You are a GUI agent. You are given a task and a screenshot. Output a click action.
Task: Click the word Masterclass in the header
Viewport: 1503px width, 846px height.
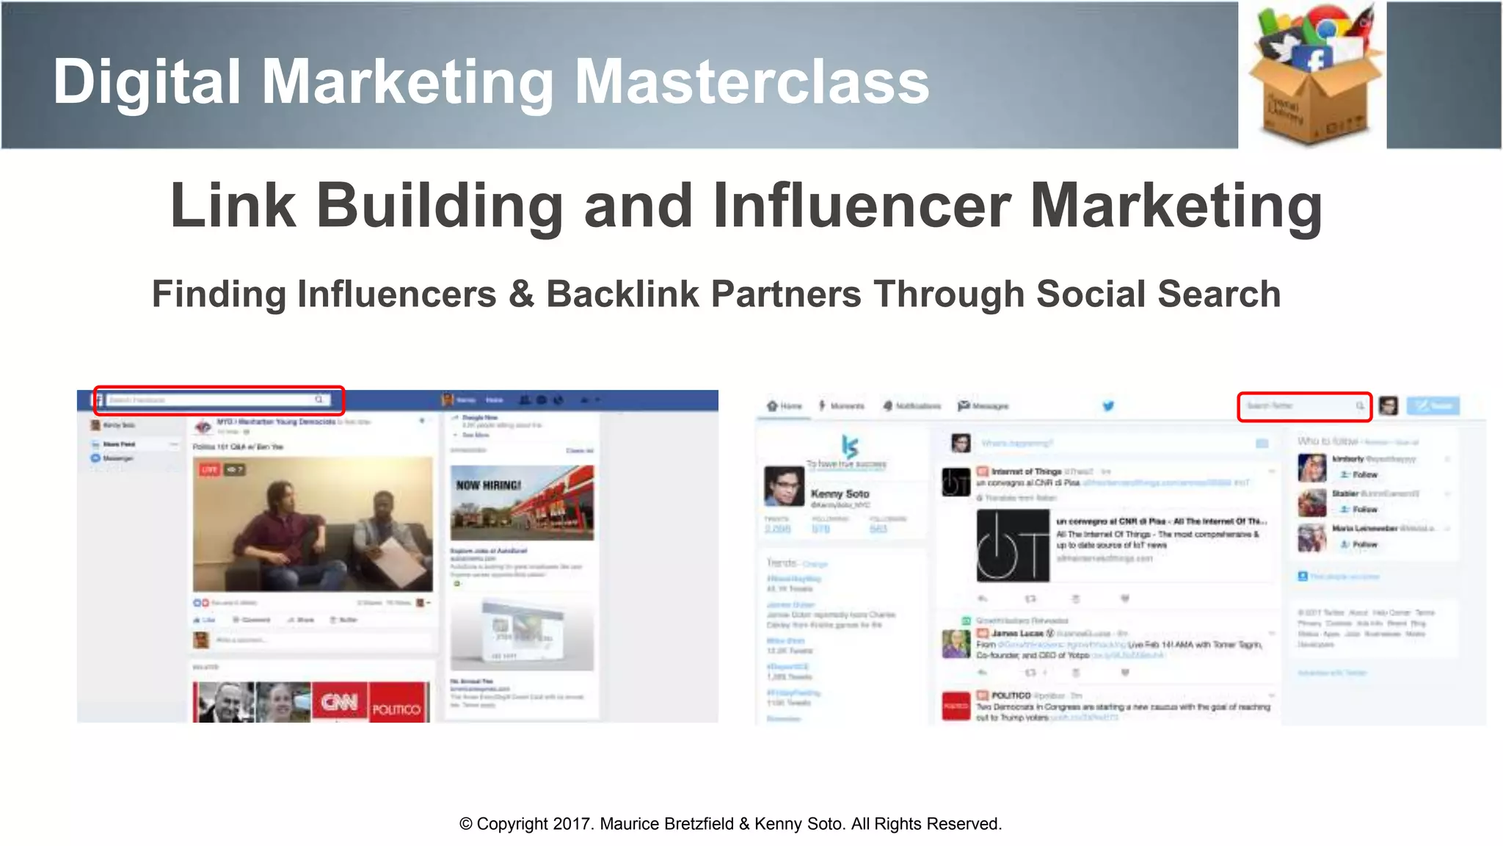coord(751,82)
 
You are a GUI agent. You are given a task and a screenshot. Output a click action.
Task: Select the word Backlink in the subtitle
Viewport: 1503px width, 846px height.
coord(622,294)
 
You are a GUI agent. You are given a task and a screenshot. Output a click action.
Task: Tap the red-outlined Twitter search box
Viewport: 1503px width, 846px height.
coord(1304,406)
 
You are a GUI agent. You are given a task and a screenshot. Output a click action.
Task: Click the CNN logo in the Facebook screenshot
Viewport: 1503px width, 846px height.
coord(339,703)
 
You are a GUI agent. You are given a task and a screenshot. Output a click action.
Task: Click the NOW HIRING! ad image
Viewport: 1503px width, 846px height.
coord(522,502)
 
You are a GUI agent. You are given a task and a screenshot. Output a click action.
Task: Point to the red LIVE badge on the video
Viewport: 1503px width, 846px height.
coord(210,469)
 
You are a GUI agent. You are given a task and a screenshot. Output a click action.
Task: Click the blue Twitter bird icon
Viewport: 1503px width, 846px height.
coord(1108,405)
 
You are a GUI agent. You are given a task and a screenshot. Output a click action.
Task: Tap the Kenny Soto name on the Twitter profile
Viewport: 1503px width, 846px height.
coord(840,493)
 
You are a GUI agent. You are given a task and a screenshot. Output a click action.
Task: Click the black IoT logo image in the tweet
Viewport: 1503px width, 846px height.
coord(1013,546)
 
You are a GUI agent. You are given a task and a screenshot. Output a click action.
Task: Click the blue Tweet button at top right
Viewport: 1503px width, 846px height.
coord(1433,405)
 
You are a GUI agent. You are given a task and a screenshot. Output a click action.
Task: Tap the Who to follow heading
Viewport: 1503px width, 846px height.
coord(1328,441)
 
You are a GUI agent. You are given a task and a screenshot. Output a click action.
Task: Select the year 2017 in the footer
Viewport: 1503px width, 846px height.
coord(572,824)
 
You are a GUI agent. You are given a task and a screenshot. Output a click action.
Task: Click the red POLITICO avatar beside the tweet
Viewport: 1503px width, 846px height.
coord(956,706)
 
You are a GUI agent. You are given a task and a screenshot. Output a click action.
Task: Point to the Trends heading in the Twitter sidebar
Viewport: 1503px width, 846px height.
coord(782,563)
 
